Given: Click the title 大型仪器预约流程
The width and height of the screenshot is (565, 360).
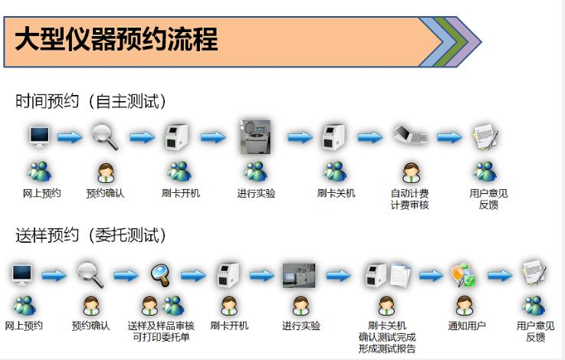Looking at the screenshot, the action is [x=117, y=39].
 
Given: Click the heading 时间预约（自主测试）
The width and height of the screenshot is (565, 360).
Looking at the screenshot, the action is [x=90, y=101].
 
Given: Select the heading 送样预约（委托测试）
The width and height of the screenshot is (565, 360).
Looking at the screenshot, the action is [x=90, y=235].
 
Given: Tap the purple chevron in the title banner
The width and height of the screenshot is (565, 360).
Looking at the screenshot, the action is [x=465, y=42].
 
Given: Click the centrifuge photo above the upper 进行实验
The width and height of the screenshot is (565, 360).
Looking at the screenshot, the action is [x=256, y=137].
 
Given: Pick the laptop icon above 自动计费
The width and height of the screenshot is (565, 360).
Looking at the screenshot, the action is [x=410, y=135].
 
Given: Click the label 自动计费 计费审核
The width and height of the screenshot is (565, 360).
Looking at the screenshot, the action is [x=409, y=199].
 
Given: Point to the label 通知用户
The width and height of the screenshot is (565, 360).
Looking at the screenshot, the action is [x=467, y=326].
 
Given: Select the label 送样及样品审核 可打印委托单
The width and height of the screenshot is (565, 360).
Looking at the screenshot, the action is [x=161, y=332].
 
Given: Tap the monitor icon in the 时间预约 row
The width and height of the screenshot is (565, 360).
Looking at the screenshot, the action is [x=39, y=136].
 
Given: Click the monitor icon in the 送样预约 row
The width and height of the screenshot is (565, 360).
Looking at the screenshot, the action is [x=22, y=275].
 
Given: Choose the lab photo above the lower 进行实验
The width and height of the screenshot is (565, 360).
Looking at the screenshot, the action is [x=299, y=276].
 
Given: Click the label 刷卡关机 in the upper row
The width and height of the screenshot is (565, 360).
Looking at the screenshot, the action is [x=337, y=194].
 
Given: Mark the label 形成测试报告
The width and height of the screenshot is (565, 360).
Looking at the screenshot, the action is [x=387, y=349].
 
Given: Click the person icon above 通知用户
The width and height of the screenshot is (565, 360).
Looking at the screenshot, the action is [x=464, y=306].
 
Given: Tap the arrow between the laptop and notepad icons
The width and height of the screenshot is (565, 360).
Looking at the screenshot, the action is [x=449, y=137].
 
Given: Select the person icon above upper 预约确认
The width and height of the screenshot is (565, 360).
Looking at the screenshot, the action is [x=106, y=172].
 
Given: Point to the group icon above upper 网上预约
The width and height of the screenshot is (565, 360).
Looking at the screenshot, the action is [x=40, y=172].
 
